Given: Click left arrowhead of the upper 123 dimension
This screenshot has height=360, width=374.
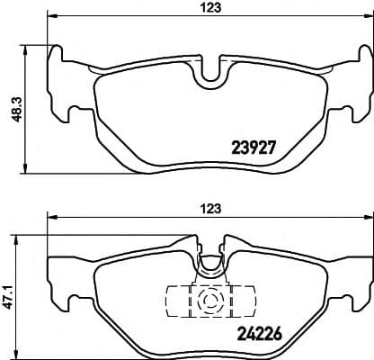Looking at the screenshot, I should (51, 17).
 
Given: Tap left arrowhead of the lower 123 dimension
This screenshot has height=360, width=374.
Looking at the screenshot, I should (51, 217).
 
